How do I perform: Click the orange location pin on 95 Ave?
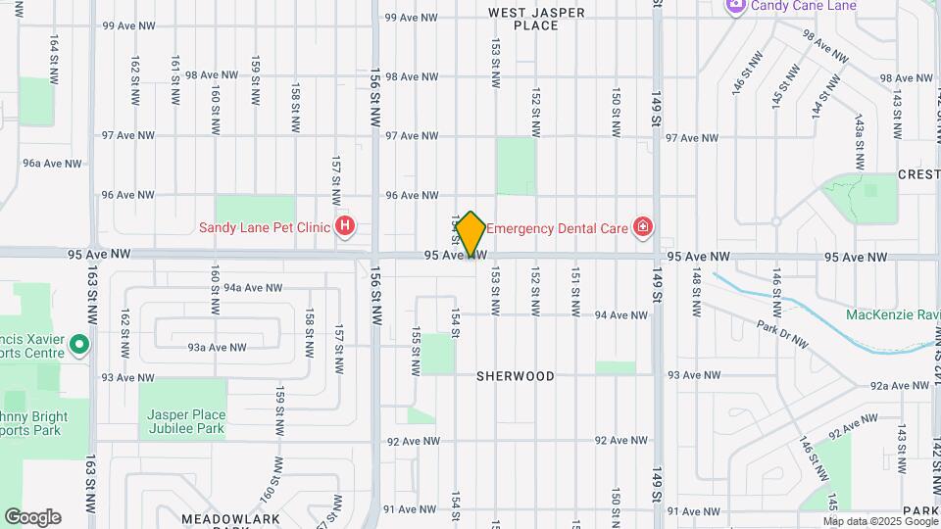(470, 234)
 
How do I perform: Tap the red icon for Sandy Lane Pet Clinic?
(345, 228)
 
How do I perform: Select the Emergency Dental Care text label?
(557, 228)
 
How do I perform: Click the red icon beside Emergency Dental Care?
(642, 228)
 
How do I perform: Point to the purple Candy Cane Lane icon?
(736, 6)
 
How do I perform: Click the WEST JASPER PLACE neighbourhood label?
(536, 19)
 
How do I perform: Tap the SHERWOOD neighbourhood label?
(516, 376)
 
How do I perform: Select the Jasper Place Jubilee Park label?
(185, 421)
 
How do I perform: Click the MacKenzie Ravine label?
(893, 314)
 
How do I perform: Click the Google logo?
(32, 516)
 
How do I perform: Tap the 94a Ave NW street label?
(253, 288)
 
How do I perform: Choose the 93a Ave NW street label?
(218, 347)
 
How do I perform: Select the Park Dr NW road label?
(782, 333)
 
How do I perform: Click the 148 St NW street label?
(697, 292)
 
